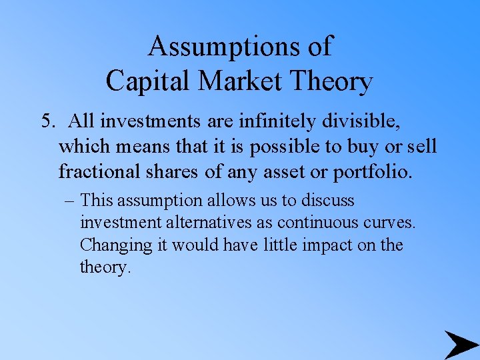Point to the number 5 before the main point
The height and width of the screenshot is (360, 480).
(x=46, y=121)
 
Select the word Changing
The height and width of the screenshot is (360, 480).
(x=116, y=245)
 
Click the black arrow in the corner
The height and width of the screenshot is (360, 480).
(x=461, y=344)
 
